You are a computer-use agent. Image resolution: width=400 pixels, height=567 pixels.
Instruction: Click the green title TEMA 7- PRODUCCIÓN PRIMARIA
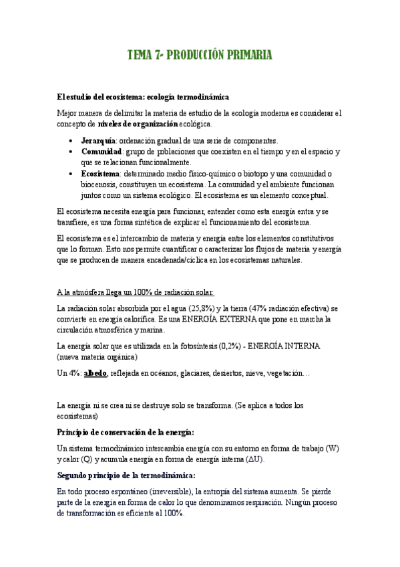click(200, 55)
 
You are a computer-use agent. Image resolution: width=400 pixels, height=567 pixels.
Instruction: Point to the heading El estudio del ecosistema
click(143, 98)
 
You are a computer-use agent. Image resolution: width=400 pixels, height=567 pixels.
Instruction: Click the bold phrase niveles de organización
click(138, 124)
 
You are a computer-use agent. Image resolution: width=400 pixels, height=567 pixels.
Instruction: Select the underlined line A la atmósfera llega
click(136, 292)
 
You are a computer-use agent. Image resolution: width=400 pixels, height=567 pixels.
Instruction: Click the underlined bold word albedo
click(95, 372)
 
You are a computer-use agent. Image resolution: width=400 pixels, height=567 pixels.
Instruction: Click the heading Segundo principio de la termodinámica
click(126, 475)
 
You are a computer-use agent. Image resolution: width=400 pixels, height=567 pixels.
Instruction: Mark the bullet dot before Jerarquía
click(71, 142)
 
